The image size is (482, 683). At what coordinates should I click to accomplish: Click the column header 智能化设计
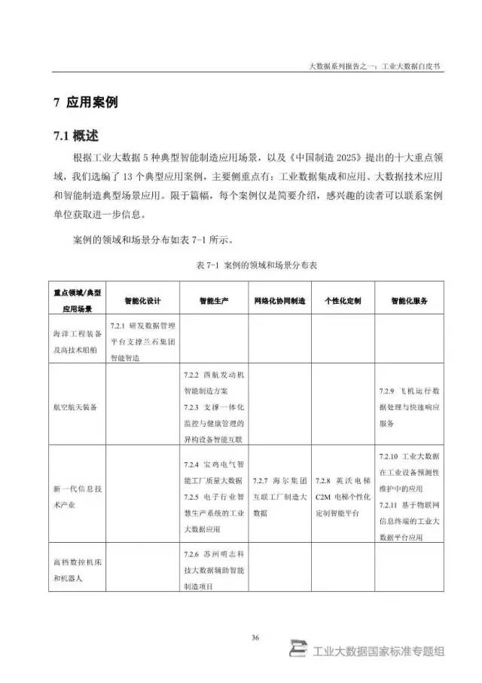(x=143, y=300)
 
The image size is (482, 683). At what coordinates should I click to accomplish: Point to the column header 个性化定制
(x=343, y=300)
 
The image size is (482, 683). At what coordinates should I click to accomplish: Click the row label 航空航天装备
(x=80, y=406)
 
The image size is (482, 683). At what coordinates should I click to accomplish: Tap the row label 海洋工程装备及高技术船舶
(x=78, y=338)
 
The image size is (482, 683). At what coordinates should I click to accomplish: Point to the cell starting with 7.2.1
(x=143, y=338)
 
